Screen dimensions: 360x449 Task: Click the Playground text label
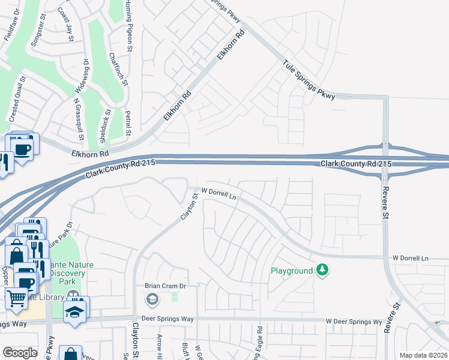291,271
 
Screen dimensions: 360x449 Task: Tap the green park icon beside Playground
323,271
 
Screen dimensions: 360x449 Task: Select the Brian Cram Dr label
166,286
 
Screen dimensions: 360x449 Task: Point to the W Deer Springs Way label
354,322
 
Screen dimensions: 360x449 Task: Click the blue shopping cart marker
16,297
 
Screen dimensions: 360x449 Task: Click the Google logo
20,353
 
